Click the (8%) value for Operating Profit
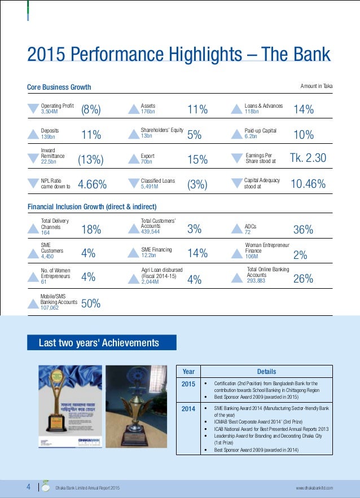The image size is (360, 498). pyautogui.click(x=91, y=109)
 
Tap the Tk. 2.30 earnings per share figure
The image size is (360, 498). pyautogui.click(x=308, y=158)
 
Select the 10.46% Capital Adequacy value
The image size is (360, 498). pyautogui.click(x=308, y=184)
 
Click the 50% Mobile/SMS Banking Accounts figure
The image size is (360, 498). pyautogui.click(x=91, y=304)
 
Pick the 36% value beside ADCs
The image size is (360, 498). pyautogui.click(x=304, y=229)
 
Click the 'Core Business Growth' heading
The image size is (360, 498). pyautogui.click(x=59, y=87)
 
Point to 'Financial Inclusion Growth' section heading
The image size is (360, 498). pyautogui.click(x=92, y=206)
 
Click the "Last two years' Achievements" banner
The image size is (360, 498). pyautogui.click(x=102, y=343)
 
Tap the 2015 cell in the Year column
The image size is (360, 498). pyautogui.click(x=187, y=384)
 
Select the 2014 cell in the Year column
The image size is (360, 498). pyautogui.click(x=187, y=408)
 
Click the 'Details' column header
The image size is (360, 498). pyautogui.click(x=266, y=372)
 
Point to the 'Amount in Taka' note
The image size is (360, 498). pyautogui.click(x=316, y=86)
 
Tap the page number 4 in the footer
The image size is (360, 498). pyautogui.click(x=28, y=487)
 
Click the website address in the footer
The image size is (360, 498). pyautogui.click(x=314, y=487)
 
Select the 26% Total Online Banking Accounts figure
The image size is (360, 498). pyautogui.click(x=304, y=279)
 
